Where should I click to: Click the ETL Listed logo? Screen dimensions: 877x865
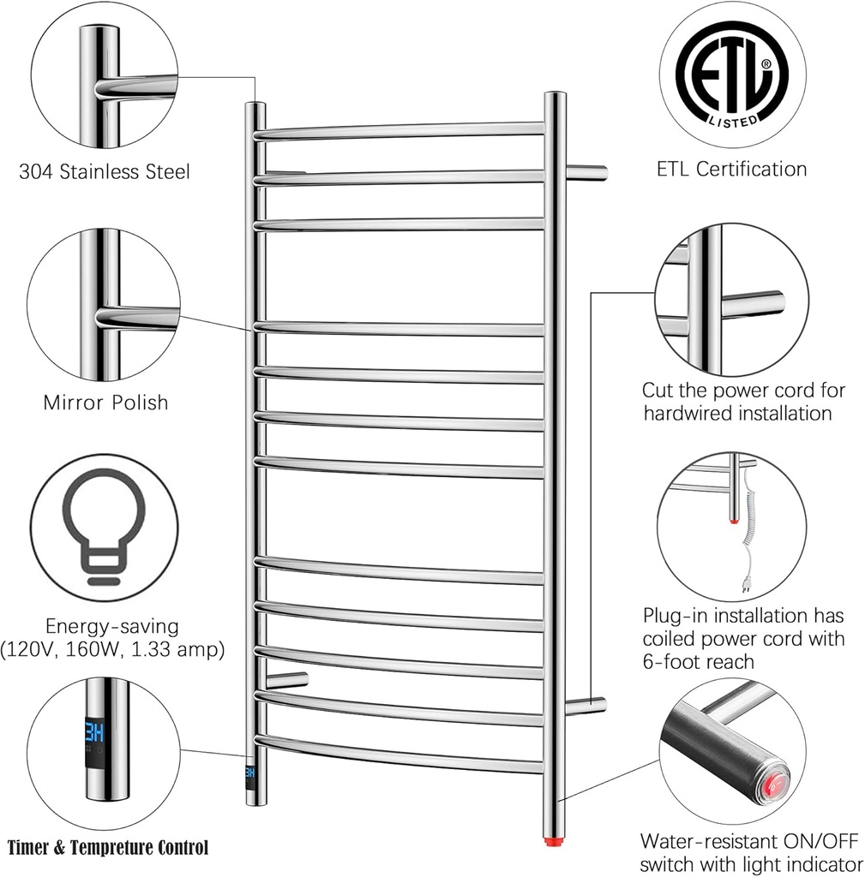pyautogui.click(x=731, y=75)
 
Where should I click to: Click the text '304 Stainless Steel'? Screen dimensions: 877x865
pyautogui.click(x=105, y=172)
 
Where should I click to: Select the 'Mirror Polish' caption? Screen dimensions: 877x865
pyautogui.click(x=105, y=402)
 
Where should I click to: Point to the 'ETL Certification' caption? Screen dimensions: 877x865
pyautogui.click(x=731, y=169)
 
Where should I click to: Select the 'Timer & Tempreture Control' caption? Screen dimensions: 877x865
pyautogui.click(x=108, y=849)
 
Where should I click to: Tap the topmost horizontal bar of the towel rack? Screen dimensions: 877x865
pyautogui.click(x=399, y=130)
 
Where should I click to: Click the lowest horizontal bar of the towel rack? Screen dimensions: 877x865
pyautogui.click(x=399, y=752)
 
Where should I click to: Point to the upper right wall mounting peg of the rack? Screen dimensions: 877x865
pyautogui.click(x=587, y=172)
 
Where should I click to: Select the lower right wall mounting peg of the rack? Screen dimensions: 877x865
pyautogui.click(x=586, y=706)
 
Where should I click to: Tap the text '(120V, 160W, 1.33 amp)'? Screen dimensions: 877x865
pyautogui.click(x=113, y=650)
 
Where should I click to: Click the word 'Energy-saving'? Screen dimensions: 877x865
pyautogui.click(x=113, y=626)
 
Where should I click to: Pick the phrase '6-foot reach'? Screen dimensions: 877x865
pyautogui.click(x=699, y=661)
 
